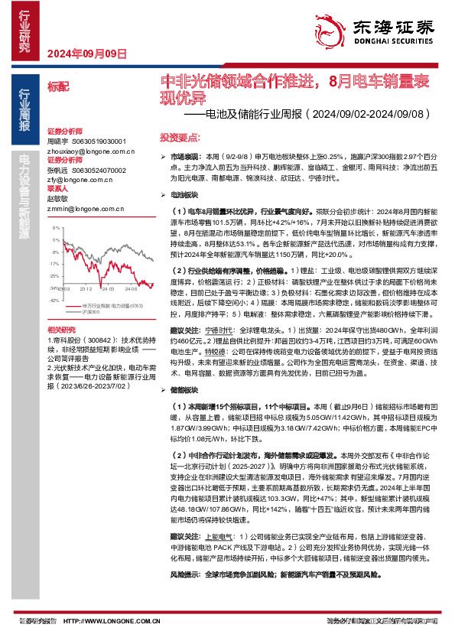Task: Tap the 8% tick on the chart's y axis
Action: coord(55,229)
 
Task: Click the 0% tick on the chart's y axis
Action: coord(55,241)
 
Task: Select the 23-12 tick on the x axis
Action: coord(86,289)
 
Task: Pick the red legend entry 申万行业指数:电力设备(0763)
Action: coord(110,306)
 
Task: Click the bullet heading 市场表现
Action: coord(184,155)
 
